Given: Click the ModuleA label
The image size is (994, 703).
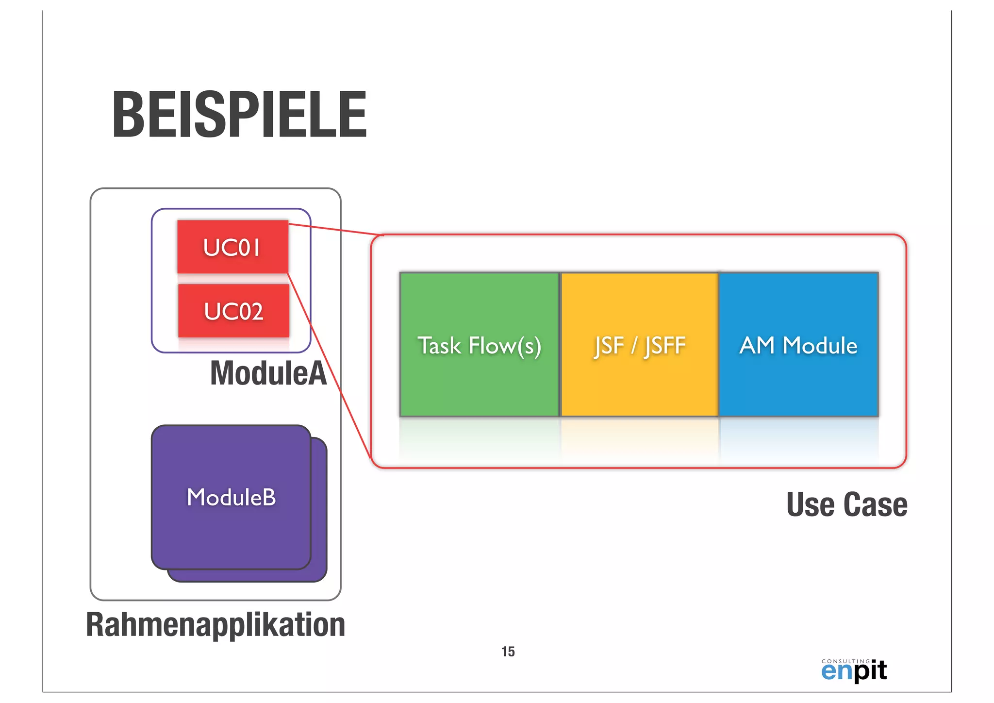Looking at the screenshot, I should tap(268, 373).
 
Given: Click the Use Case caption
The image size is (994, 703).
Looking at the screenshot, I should tap(846, 504).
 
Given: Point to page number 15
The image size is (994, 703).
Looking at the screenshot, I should tap(508, 652).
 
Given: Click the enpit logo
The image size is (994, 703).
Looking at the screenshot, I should tap(854, 672).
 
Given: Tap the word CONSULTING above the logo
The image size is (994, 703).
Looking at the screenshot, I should tap(845, 661).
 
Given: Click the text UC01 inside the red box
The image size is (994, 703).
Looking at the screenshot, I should tap(232, 248).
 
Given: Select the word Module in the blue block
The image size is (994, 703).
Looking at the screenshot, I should tap(820, 346).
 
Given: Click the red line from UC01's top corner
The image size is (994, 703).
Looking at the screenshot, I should tap(335, 229).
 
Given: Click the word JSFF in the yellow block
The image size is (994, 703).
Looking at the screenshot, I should tap(665, 346).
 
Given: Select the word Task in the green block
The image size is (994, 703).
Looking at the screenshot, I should tap(439, 346).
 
